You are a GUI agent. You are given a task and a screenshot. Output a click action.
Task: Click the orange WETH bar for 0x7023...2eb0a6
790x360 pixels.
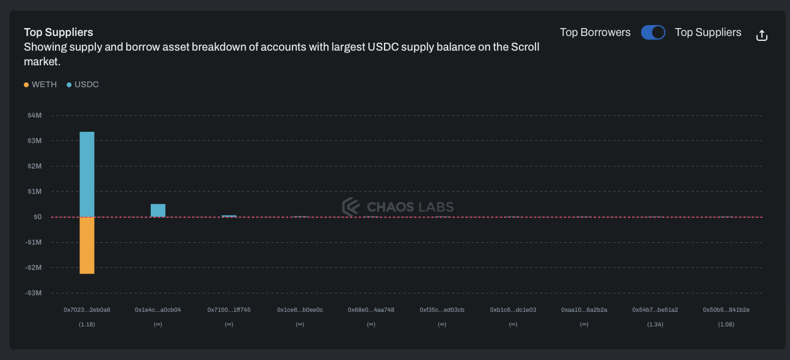click(x=87, y=245)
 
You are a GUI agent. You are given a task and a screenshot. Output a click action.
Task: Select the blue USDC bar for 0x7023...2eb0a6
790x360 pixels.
click(x=87, y=175)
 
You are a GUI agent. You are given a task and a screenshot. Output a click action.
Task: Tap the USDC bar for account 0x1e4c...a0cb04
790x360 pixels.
click(x=158, y=211)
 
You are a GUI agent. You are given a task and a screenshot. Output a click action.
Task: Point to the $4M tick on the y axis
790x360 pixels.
click(x=34, y=115)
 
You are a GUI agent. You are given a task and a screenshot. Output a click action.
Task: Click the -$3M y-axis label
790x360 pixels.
click(x=34, y=293)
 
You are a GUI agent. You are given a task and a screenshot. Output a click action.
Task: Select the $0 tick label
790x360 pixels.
click(x=37, y=217)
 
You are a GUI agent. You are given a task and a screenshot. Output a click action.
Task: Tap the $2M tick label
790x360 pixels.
click(x=34, y=166)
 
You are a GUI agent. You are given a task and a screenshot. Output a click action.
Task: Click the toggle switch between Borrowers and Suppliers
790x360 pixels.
click(x=653, y=32)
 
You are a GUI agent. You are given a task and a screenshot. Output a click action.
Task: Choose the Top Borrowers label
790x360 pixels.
click(x=595, y=32)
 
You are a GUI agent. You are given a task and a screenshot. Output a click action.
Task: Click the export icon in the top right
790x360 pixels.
click(x=761, y=35)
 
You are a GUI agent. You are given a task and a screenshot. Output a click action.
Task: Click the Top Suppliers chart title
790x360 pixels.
click(x=59, y=32)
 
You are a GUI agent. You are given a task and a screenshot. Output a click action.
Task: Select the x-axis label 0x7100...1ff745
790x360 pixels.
click(x=229, y=310)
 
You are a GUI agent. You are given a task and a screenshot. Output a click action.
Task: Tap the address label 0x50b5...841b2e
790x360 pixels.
click(x=726, y=310)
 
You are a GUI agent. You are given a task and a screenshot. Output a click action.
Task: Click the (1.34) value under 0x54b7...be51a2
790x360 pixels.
click(x=655, y=325)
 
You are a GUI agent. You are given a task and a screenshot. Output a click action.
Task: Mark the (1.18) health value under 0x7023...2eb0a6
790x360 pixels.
click(x=87, y=325)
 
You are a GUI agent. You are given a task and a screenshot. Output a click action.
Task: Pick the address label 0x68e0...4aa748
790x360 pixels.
click(x=371, y=310)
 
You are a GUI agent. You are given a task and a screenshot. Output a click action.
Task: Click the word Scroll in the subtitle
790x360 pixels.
click(x=525, y=47)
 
